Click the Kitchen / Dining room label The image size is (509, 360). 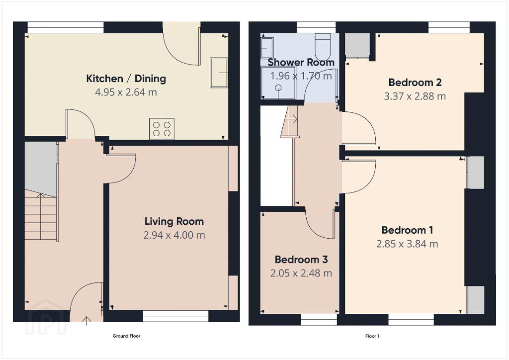click(x=126, y=79)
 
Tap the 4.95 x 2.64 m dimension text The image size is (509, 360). click(x=126, y=92)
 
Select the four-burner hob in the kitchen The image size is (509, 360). click(x=162, y=129)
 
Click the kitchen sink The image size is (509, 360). click(x=219, y=73)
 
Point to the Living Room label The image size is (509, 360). click(x=174, y=221)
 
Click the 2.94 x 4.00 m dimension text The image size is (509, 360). click(x=174, y=235)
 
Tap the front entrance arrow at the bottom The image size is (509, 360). click(x=86, y=321)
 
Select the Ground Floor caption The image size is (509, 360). click(x=126, y=336)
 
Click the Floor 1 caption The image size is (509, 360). click(x=372, y=336)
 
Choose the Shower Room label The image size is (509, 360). click(x=301, y=62)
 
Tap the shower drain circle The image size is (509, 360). click(x=278, y=88)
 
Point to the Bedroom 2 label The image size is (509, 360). click(x=415, y=83)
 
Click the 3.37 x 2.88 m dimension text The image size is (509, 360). click(x=415, y=96)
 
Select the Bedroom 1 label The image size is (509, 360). click(x=407, y=230)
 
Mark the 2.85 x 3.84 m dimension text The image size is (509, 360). click(x=407, y=244)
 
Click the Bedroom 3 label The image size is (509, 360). click(x=301, y=260)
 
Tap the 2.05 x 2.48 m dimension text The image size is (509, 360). click(x=301, y=273)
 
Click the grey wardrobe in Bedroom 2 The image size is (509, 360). click(x=357, y=46)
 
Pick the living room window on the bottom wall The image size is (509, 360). click(x=175, y=316)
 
